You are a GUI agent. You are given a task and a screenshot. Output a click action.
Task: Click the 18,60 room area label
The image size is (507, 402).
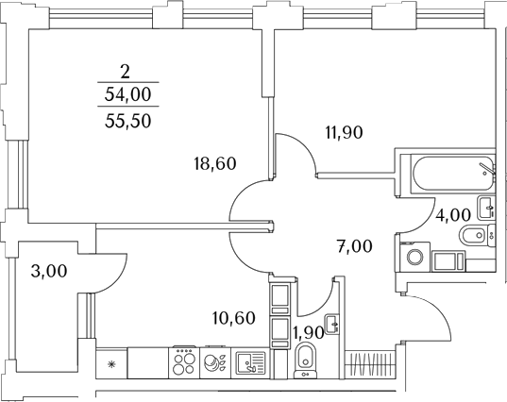click(x=215, y=163)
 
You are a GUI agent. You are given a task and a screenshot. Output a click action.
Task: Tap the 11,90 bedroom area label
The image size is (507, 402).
click(x=344, y=132)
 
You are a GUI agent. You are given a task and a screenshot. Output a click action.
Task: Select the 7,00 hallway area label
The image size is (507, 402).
click(x=354, y=246)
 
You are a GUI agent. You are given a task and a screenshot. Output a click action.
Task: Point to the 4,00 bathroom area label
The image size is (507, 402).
click(x=452, y=215)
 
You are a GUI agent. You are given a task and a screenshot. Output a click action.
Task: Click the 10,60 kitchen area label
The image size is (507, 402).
click(x=234, y=318)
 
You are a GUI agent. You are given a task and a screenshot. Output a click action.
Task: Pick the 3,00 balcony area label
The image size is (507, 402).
click(x=49, y=271)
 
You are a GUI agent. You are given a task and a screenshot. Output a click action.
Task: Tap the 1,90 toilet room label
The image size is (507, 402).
click(x=308, y=332)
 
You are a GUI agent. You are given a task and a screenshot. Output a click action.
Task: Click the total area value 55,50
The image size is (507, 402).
click(x=128, y=121)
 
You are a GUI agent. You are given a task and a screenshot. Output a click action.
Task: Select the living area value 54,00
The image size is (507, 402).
click(x=128, y=94)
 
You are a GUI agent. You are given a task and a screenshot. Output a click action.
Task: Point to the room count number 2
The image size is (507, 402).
click(x=125, y=72)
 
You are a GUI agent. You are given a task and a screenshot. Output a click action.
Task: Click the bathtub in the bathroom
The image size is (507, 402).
click(x=452, y=174)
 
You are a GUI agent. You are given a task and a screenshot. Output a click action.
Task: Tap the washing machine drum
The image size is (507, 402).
click(x=414, y=257)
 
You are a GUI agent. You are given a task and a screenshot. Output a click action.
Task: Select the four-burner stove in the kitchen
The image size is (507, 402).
click(x=184, y=362)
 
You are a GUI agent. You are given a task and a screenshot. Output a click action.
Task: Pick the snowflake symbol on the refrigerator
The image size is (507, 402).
click(x=111, y=364)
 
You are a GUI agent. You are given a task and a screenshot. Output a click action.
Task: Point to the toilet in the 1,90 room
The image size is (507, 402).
click(x=305, y=360)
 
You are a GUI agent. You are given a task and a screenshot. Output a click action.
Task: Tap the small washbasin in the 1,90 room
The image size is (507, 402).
click(x=331, y=324)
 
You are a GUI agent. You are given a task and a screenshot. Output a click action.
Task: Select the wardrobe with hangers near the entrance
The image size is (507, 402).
click(x=370, y=364)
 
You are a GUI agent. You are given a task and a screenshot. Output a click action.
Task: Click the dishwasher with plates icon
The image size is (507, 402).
click(x=215, y=362)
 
